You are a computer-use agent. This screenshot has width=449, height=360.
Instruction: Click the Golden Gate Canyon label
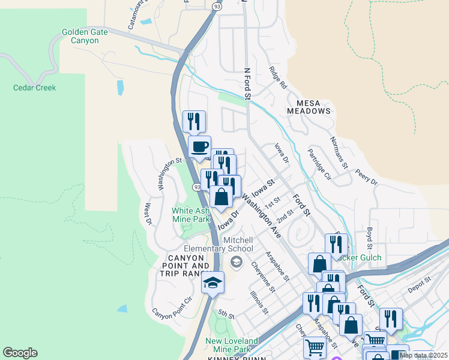pos(85,36)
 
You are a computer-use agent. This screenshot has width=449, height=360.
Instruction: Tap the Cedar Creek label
pos(35,88)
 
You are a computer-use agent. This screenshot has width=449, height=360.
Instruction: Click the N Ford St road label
pos(246,83)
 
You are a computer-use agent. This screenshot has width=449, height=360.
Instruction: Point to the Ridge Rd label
pos(279,77)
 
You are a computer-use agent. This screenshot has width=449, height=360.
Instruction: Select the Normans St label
pos(339,152)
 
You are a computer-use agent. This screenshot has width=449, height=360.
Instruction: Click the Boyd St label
pos(370,238)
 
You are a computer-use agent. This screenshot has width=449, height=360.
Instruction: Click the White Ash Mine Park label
pos(191,215)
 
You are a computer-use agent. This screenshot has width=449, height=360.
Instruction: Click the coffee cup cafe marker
pos(199,146)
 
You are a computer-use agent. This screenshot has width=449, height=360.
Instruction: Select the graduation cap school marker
pos(212,281)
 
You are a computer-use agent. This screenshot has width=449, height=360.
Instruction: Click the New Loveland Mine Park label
pos(228,345)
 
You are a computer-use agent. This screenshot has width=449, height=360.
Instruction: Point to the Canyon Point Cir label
pos(172,307)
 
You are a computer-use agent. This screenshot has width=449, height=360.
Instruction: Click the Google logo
pos(20,353)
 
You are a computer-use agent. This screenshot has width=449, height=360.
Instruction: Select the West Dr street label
pos(147,214)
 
